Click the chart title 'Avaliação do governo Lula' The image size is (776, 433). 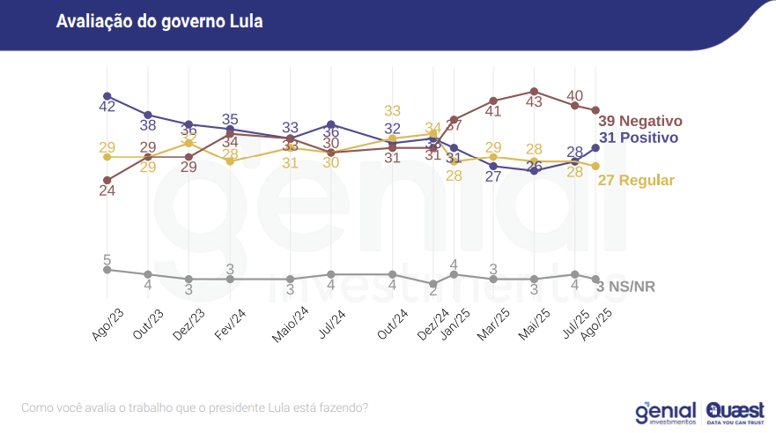[x=159, y=21]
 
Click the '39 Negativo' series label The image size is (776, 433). [x=640, y=121]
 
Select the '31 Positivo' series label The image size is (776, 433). [x=638, y=138]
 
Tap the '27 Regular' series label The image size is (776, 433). [x=636, y=180]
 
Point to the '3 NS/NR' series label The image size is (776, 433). [x=626, y=287]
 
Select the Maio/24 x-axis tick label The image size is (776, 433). [x=288, y=325]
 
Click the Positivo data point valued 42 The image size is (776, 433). [x=107, y=95]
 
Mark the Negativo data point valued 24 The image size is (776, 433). [x=107, y=180]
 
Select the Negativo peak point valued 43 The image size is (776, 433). [x=534, y=91]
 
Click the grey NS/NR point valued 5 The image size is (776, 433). [x=107, y=269]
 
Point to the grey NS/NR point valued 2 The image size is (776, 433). [x=432, y=284]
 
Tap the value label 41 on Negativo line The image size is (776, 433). [x=492, y=112]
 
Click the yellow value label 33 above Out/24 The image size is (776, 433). [x=393, y=111]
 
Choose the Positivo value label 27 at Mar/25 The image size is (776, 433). [x=493, y=176]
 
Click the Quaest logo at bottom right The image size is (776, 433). [x=735, y=413]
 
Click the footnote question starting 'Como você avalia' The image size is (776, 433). [x=194, y=407]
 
